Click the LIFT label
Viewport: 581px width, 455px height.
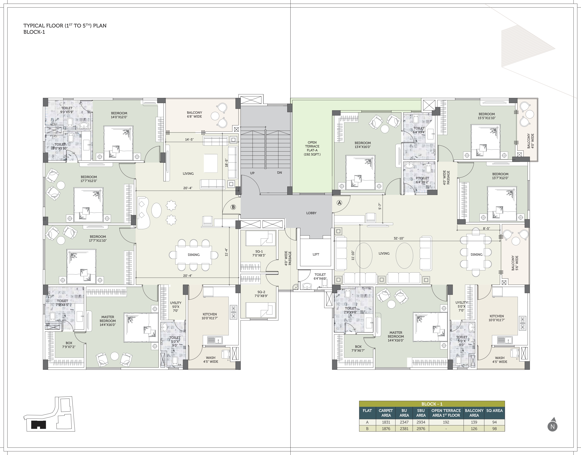pyautogui.click(x=316, y=254)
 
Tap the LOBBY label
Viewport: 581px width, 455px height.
pyautogui.click(x=311, y=213)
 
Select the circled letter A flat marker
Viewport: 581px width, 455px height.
pyautogui.click(x=339, y=203)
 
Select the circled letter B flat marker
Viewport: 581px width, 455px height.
pyautogui.click(x=233, y=207)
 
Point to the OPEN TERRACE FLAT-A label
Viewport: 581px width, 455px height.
pyautogui.click(x=312, y=148)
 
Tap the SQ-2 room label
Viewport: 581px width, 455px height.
pyautogui.click(x=261, y=294)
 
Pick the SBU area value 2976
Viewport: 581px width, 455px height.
pyautogui.click(x=421, y=429)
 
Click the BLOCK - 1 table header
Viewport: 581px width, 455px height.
pyautogui.click(x=432, y=404)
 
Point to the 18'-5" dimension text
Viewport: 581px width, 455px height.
pyautogui.click(x=226, y=163)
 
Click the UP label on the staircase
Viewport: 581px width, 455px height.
pyautogui.click(x=252, y=173)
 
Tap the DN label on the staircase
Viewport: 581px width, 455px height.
pyautogui.click(x=279, y=173)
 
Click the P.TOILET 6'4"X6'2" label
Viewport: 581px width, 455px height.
pyautogui.click(x=422, y=180)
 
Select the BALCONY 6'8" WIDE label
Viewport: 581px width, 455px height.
pyautogui.click(x=194, y=115)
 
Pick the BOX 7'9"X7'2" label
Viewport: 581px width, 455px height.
pyautogui.click(x=69, y=345)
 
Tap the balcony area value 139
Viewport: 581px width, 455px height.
pyautogui.click(x=474, y=422)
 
